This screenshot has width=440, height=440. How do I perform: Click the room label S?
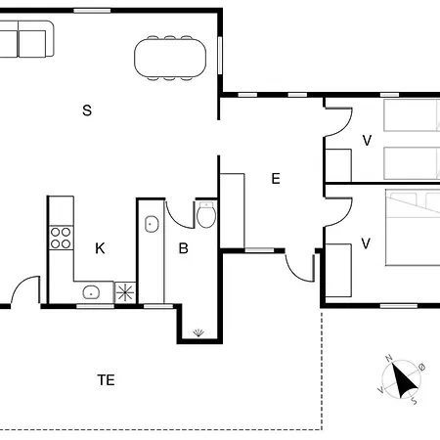point(87,110)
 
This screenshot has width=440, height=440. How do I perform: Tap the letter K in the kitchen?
point(100,248)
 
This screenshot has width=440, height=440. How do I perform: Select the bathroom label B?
point(184,248)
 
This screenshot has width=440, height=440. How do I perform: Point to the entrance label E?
point(276,179)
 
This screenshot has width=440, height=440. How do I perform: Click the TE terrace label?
point(106,380)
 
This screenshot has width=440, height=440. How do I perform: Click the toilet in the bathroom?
point(206,215)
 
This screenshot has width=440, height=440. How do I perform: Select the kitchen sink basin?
point(91,292)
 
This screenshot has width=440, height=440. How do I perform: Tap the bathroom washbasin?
point(152,224)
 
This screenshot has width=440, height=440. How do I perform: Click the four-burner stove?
point(61,238)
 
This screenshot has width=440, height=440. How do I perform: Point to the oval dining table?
point(170,58)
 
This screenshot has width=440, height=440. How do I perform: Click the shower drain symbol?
point(198,332)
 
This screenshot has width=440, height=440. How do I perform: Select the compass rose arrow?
point(404,379)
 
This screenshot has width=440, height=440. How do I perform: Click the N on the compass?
point(388,359)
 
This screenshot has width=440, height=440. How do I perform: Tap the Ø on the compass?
point(421,368)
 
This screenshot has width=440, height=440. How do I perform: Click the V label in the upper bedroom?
point(367,141)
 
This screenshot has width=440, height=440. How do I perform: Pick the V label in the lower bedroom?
point(366,243)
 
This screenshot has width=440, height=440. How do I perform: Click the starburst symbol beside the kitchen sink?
point(125,292)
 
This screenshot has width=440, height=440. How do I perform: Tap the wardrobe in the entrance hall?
point(233,211)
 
